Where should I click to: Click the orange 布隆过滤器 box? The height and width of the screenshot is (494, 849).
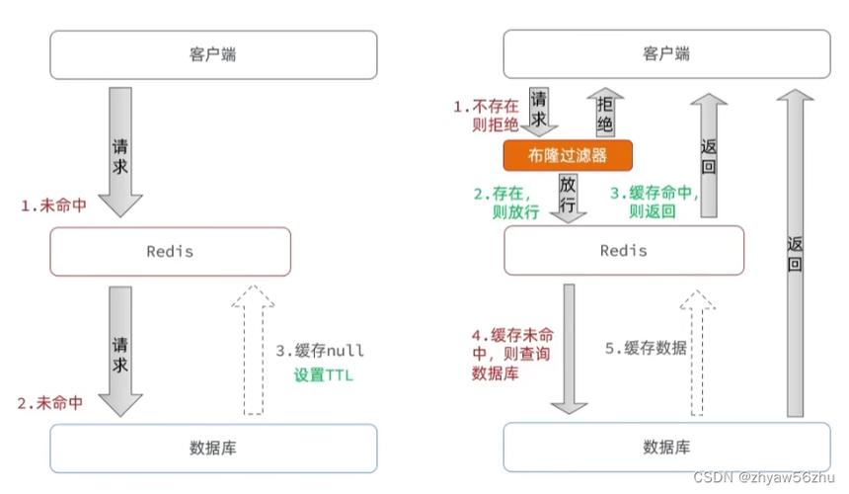(567, 155)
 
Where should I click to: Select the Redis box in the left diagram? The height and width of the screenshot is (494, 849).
(170, 251)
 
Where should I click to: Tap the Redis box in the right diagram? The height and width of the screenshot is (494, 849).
(623, 251)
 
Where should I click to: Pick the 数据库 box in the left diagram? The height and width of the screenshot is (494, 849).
(199, 448)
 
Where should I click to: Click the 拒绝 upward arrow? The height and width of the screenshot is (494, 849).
(603, 113)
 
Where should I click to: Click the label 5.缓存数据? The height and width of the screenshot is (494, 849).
(646, 348)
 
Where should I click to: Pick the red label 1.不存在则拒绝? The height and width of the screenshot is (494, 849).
(487, 114)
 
